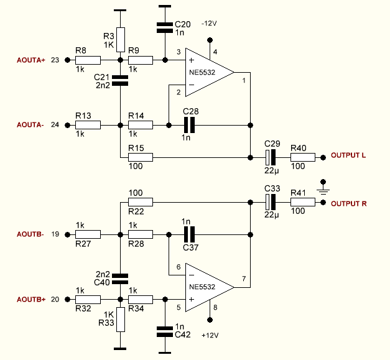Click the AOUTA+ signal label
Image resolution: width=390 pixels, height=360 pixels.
(31, 60)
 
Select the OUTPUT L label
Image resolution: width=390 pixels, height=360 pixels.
(348, 155)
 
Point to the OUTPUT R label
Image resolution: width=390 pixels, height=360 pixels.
(348, 203)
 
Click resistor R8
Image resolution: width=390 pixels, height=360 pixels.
(88, 60)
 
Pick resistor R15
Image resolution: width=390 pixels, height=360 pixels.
(140, 157)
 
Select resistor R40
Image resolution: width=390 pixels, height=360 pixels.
(303, 157)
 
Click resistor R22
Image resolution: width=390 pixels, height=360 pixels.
(140, 202)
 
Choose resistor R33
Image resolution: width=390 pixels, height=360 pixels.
(121, 320)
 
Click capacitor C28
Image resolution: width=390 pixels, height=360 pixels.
(190, 125)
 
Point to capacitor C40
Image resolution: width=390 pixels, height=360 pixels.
(121, 277)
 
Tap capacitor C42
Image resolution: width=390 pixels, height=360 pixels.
(164, 331)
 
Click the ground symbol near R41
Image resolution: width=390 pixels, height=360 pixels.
(323, 185)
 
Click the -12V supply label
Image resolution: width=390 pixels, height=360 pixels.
(210, 23)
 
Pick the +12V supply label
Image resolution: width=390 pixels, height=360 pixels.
(210, 335)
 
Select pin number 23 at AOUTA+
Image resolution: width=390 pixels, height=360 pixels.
(54, 60)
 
